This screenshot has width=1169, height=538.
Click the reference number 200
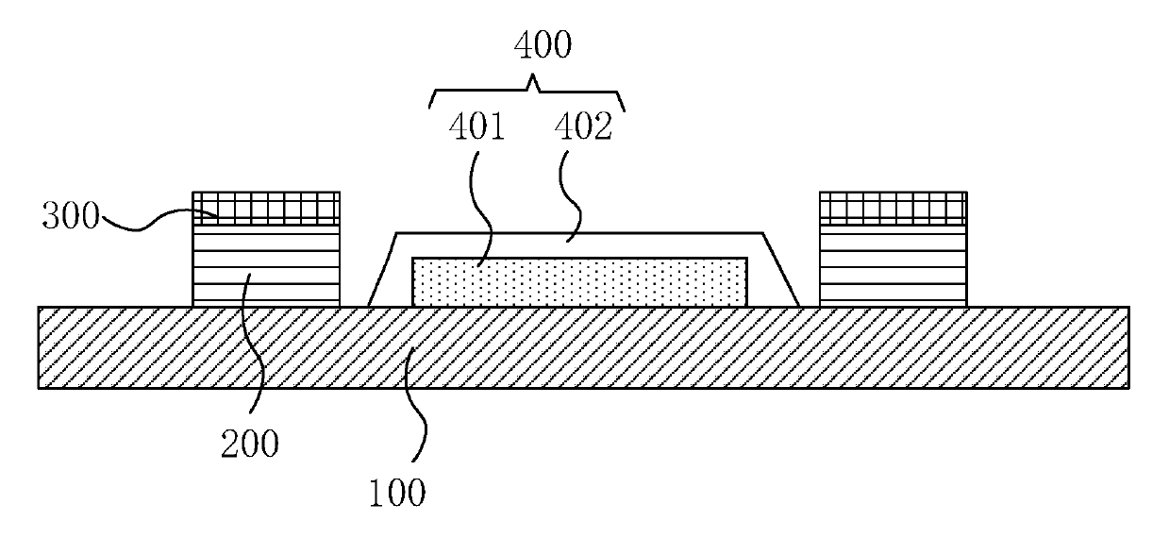pos(251,443)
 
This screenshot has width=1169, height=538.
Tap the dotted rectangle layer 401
pos(580,281)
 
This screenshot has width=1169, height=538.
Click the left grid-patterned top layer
pos(266,206)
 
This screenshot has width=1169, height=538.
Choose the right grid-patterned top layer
pos(893,206)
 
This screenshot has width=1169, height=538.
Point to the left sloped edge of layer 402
pos(382,269)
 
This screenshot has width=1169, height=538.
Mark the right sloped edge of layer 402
pos(780,269)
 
